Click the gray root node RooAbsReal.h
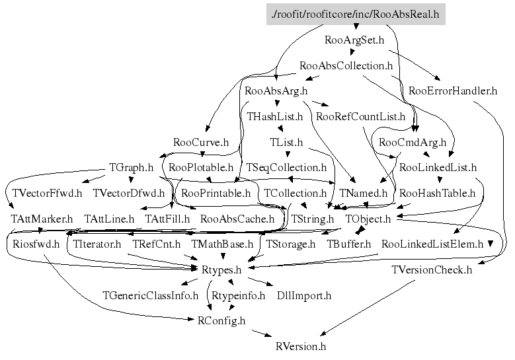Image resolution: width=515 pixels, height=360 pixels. click(x=356, y=13)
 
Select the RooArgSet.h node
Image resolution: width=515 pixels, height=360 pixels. click(x=355, y=40)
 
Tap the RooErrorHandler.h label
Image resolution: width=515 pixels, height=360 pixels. click(x=453, y=90)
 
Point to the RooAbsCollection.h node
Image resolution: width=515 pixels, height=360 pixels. click(x=346, y=65)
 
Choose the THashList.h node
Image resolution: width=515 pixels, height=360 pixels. click(x=274, y=116)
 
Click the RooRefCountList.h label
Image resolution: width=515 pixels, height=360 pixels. click(x=361, y=116)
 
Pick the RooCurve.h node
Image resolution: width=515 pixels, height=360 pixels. click(x=201, y=142)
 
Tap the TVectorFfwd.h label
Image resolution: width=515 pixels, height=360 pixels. click(x=48, y=193)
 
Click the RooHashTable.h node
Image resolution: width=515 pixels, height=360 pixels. click(x=438, y=193)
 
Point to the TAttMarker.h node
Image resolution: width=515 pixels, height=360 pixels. click(x=42, y=218)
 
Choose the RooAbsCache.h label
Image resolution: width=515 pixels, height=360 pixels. click(x=237, y=218)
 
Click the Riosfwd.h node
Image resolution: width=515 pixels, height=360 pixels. click(x=36, y=244)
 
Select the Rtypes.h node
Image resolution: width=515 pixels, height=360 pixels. click(x=221, y=270)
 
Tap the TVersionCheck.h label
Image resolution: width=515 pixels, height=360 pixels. click(x=432, y=270)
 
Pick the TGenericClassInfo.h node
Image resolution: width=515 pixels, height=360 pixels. click(x=151, y=295)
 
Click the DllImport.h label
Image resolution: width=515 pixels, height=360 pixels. click(x=304, y=295)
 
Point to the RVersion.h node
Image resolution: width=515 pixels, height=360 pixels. click(x=301, y=346)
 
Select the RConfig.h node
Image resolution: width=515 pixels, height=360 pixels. click(x=221, y=320)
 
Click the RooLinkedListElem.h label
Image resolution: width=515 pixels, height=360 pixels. click(x=432, y=244)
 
